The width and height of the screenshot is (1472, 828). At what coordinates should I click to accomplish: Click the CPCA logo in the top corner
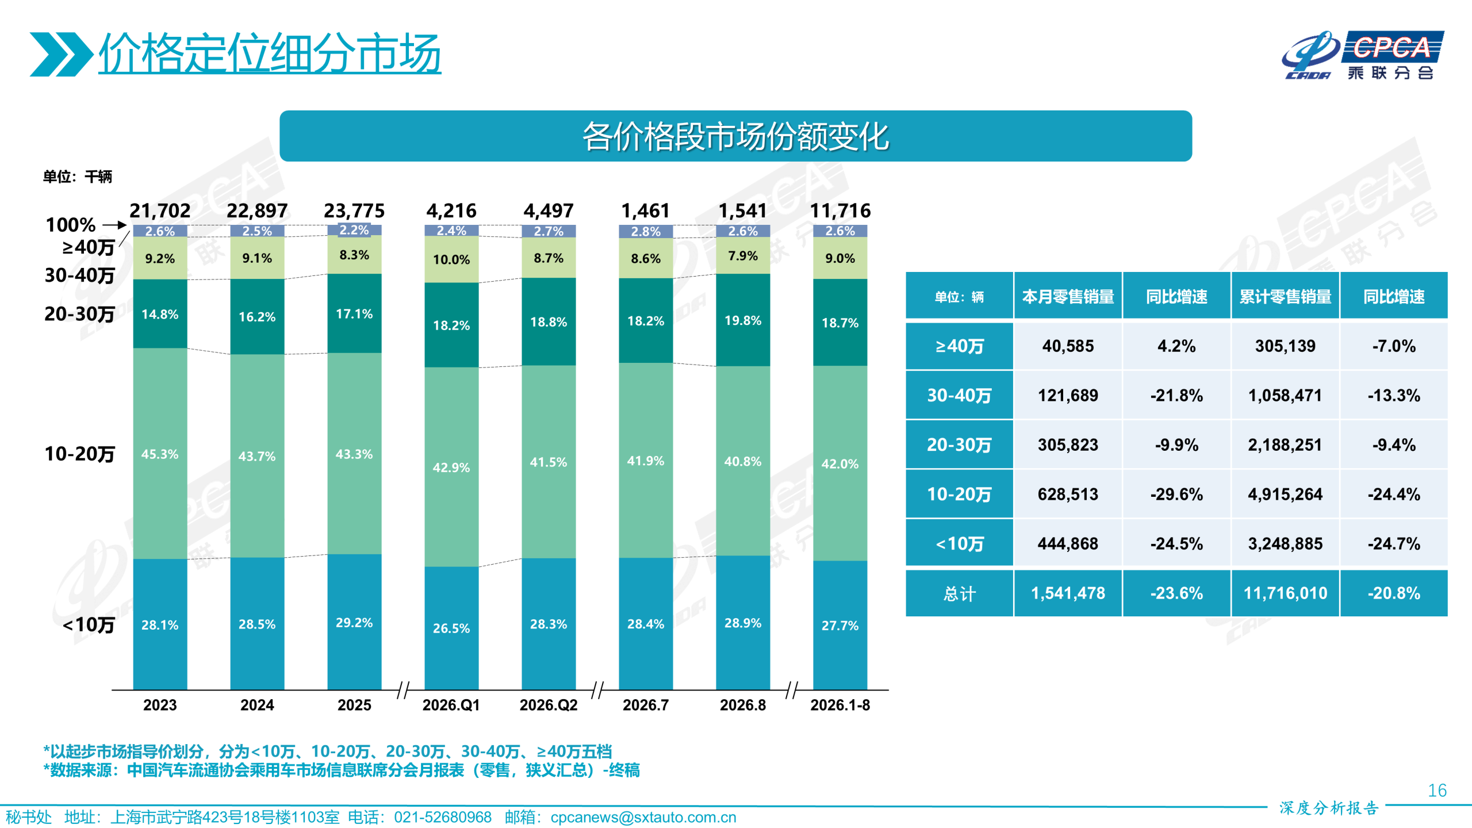(x=1362, y=55)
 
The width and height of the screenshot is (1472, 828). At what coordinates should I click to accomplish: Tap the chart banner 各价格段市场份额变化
(x=735, y=136)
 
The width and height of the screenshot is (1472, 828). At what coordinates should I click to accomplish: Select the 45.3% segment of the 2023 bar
(x=160, y=453)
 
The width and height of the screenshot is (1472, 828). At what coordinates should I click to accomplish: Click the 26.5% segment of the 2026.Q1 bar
(x=451, y=628)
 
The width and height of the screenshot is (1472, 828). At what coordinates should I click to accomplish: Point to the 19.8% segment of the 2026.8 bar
(x=743, y=320)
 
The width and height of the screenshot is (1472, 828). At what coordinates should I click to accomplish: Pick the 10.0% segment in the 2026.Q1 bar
(x=451, y=259)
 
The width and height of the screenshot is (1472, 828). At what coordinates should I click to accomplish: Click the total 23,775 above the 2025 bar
(x=354, y=210)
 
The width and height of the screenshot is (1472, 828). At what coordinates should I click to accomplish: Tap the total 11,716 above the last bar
(x=840, y=210)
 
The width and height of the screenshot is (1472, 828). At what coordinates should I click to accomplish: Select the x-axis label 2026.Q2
(x=549, y=705)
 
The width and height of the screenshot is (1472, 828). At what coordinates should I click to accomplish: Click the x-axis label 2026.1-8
(x=840, y=705)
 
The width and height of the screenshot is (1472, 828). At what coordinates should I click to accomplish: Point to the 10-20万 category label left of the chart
(x=80, y=454)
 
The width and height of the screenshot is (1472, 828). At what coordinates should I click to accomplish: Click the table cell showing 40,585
(x=1068, y=346)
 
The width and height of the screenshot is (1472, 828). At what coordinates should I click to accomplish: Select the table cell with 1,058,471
(x=1285, y=395)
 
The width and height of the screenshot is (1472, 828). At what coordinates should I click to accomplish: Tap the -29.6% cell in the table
(x=1176, y=494)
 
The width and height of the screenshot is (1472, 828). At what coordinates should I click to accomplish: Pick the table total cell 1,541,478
(x=1068, y=593)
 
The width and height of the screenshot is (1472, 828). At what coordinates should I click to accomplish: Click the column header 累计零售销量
(x=1285, y=296)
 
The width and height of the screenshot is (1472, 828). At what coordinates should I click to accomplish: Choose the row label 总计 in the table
(x=959, y=593)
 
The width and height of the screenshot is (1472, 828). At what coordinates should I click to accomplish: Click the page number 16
(x=1437, y=790)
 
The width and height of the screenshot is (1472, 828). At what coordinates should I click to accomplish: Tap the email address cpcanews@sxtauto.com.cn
(x=643, y=817)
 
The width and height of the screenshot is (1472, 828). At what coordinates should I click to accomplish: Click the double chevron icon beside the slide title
(x=62, y=54)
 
